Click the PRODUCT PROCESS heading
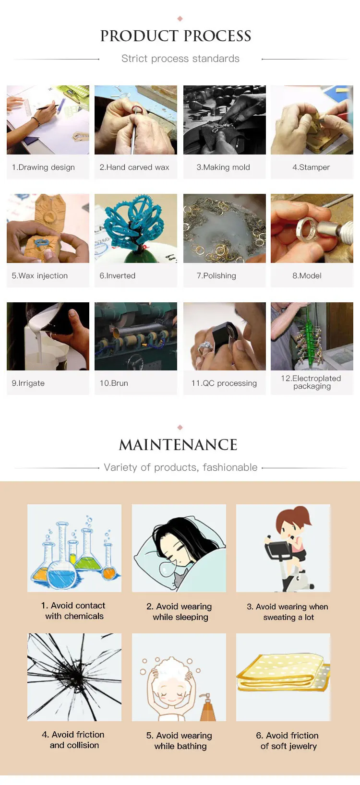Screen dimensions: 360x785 tap(176, 36)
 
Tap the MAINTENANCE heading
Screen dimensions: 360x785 tap(178, 445)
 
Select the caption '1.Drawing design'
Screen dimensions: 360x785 tap(43, 167)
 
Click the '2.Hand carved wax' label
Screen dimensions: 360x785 tap(134, 167)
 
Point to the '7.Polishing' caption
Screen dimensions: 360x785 tap(216, 275)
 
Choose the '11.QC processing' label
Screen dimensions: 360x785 tap(224, 383)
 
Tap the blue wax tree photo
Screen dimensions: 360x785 tap(136, 228)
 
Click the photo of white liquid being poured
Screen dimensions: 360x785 tap(48, 336)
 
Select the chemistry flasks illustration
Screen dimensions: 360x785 tap(74, 548)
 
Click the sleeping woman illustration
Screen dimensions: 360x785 tap(179, 548)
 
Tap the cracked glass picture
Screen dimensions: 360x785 tap(74, 677)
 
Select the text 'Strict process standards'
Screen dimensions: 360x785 tap(180, 59)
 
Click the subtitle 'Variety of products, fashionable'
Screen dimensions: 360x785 tap(180, 467)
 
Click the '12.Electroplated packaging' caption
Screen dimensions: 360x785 tap(312, 382)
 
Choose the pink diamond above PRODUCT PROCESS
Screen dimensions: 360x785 tap(180, 18)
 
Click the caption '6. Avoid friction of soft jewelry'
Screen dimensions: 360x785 tap(288, 740)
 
